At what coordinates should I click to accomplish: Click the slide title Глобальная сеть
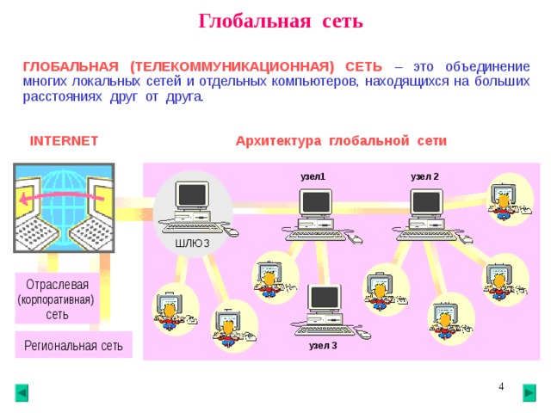tap(281, 21)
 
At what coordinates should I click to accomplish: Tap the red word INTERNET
tap(64, 141)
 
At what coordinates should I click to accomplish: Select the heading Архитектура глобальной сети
tap(341, 141)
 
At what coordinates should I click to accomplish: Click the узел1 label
tap(313, 176)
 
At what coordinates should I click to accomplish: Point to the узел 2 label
tap(424, 176)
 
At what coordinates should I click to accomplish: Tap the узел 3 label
tap(323, 346)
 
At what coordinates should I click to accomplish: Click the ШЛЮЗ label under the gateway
tap(192, 243)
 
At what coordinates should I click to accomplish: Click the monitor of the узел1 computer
tap(316, 203)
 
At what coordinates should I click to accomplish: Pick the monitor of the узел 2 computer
tap(426, 203)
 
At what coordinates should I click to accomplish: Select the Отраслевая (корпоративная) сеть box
tap(57, 299)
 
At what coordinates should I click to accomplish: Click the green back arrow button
tap(22, 393)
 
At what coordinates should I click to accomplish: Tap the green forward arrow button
tap(529, 393)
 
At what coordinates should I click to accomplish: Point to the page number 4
tap(501, 386)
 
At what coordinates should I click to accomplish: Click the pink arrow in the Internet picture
tap(62, 198)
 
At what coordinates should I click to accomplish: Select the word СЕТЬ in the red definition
tap(363, 67)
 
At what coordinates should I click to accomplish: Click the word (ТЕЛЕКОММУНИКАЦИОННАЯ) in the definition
tap(232, 67)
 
